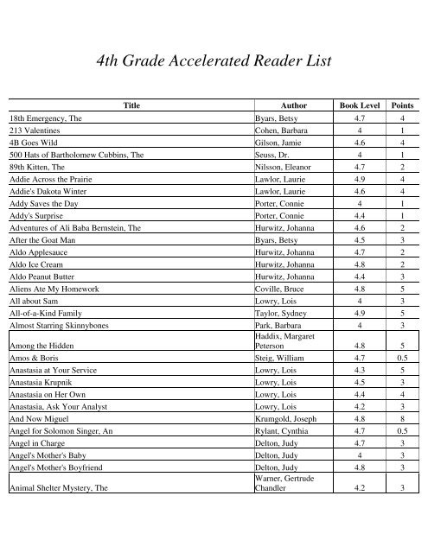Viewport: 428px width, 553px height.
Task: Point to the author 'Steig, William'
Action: (280, 355)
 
